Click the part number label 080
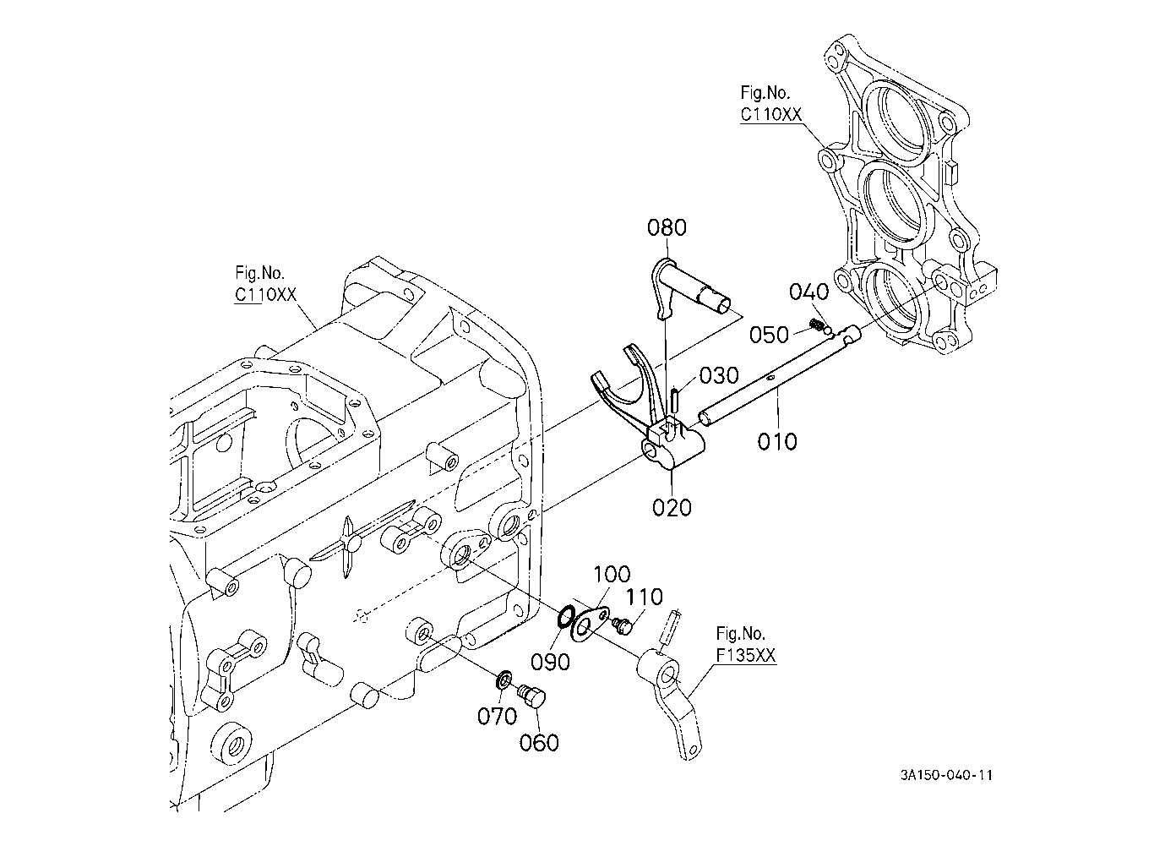pos(667,227)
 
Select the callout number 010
pos(777,442)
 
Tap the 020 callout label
pos(672,507)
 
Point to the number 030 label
pos(719,375)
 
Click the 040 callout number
pos(808,292)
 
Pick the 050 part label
pos(770,335)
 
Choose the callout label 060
pos(539,742)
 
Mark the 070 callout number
pos(498,717)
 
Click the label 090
pos(550,662)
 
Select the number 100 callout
pos(612,575)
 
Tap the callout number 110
pos(644,597)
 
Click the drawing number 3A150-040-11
pos(946,775)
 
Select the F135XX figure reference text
pos(746,655)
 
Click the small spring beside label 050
pos(817,326)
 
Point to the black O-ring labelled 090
pos(566,618)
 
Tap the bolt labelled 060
pos(531,695)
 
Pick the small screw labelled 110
pos(622,625)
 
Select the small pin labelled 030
pos(673,400)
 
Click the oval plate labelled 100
pos(590,624)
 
